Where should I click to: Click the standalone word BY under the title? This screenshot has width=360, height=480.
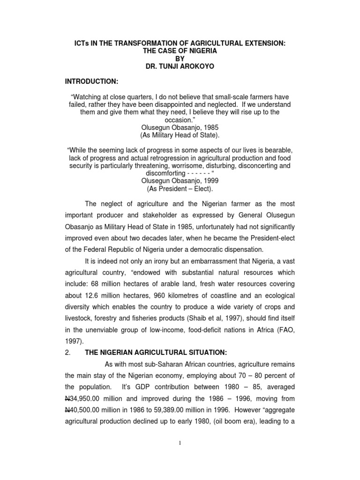(x=180, y=58)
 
